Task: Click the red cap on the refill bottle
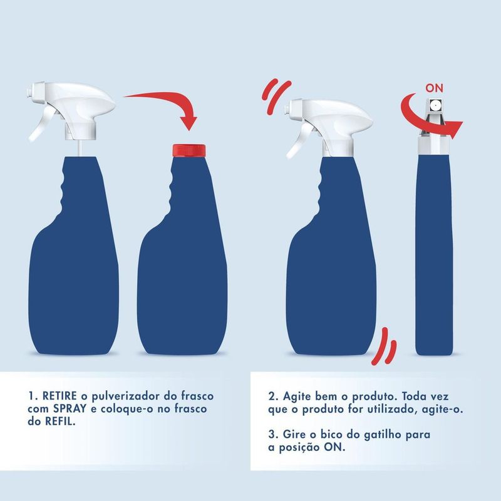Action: (189, 150)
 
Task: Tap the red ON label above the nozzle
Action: (434, 88)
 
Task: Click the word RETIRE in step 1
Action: (59, 396)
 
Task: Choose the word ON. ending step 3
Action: (334, 447)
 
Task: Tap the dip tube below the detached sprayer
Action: (80, 148)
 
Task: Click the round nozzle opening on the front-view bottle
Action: (434, 105)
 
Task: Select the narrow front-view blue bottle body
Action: (434, 255)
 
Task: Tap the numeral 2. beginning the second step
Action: (274, 396)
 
